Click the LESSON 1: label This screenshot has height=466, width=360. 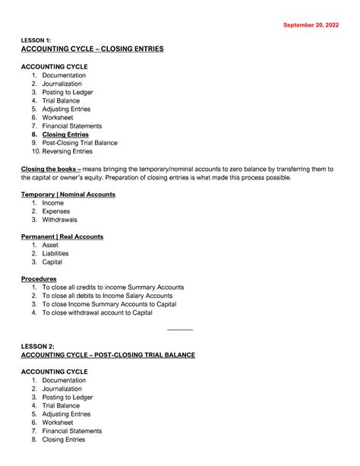pyautogui.click(x=38, y=40)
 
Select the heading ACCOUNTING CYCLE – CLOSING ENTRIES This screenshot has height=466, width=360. pyautogui.click(x=92, y=49)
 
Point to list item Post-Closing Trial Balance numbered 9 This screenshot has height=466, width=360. pyautogui.click(x=79, y=143)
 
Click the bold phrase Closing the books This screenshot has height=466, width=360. pyautogui.click(x=50, y=168)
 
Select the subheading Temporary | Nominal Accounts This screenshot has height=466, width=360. pyautogui.click(x=68, y=195)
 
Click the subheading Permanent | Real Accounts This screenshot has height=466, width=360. pyautogui.click(x=62, y=236)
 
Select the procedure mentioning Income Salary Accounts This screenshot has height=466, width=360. pyautogui.click(x=106, y=296)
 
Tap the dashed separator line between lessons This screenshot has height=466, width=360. pyautogui.click(x=179, y=330)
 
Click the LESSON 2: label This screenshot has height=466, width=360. pyautogui.click(x=38, y=346)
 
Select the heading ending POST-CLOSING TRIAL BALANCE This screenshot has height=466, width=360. pyautogui.click(x=109, y=355)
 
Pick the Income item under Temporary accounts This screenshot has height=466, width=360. pyautogui.click(x=53, y=203)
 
